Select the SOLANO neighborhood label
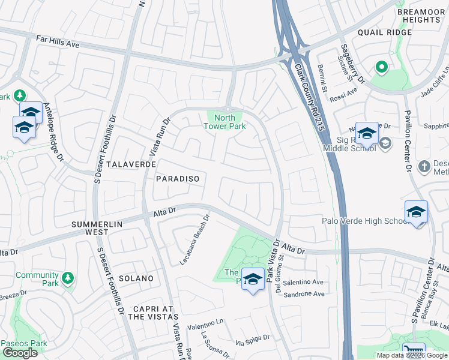click(136, 278)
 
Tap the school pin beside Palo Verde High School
click(416, 212)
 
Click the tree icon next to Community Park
click(68, 277)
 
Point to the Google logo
click(20, 353)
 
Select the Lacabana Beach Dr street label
click(196, 240)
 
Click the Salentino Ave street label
click(303, 282)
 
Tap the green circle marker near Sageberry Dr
click(380, 67)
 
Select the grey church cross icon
click(424, 166)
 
